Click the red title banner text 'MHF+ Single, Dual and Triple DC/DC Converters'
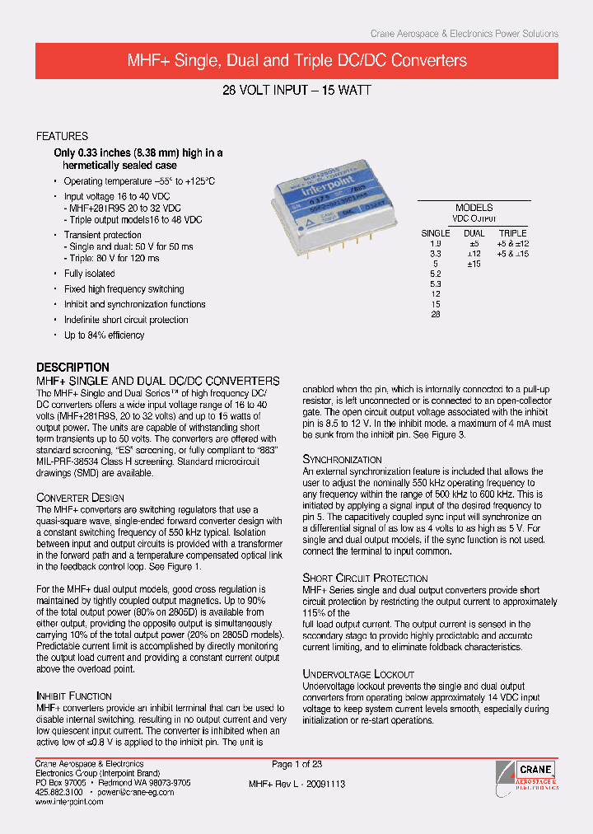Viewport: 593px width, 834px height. point(296,61)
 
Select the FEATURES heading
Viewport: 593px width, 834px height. point(62,136)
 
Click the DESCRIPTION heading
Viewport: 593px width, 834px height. point(72,368)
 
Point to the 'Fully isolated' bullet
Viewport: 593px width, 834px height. point(90,274)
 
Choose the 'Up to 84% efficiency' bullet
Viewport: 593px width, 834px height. point(104,335)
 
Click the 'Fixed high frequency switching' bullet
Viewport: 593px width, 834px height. point(124,289)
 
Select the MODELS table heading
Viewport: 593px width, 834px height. point(474,208)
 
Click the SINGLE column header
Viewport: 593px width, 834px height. point(435,233)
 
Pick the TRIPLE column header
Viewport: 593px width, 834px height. point(512,233)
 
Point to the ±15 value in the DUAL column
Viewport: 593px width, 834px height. point(474,264)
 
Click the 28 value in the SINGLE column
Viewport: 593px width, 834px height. point(435,314)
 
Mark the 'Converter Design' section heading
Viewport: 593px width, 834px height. point(80,498)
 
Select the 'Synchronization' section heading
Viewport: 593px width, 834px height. point(342,459)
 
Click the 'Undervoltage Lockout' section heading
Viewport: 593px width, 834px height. point(358,674)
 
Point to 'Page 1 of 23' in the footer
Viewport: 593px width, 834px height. point(297,764)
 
